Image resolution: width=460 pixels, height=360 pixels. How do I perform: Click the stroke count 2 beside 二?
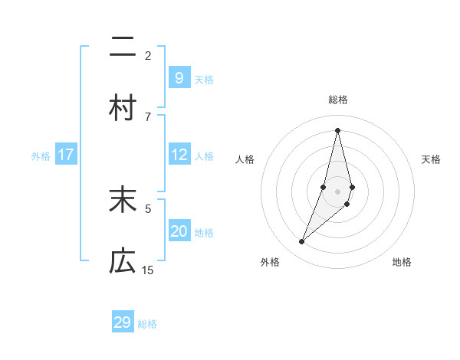[x=148, y=55]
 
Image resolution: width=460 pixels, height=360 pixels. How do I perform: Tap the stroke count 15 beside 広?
[x=148, y=270]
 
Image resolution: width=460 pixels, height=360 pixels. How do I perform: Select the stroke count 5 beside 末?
[x=148, y=208]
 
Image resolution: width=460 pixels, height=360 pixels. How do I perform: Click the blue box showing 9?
[x=179, y=77]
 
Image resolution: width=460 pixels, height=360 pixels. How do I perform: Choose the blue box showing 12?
[x=179, y=155]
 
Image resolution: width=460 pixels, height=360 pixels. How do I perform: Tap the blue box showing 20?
[x=179, y=231]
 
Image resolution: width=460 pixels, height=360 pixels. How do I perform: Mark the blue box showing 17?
[x=65, y=155]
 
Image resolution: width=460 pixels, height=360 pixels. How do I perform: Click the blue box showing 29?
[x=123, y=322]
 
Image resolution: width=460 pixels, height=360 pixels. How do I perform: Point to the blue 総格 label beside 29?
[x=147, y=324]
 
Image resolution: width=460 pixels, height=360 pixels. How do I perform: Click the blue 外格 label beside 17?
[x=41, y=156]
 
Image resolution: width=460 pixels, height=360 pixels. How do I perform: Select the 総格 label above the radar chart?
[x=337, y=100]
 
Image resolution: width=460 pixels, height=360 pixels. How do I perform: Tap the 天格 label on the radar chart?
[x=431, y=159]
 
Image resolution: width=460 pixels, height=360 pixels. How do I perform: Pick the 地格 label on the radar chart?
[x=402, y=263]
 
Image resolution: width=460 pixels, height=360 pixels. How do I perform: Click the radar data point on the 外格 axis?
[x=302, y=242]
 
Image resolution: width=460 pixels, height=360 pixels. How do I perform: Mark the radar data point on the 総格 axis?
[x=337, y=130]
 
